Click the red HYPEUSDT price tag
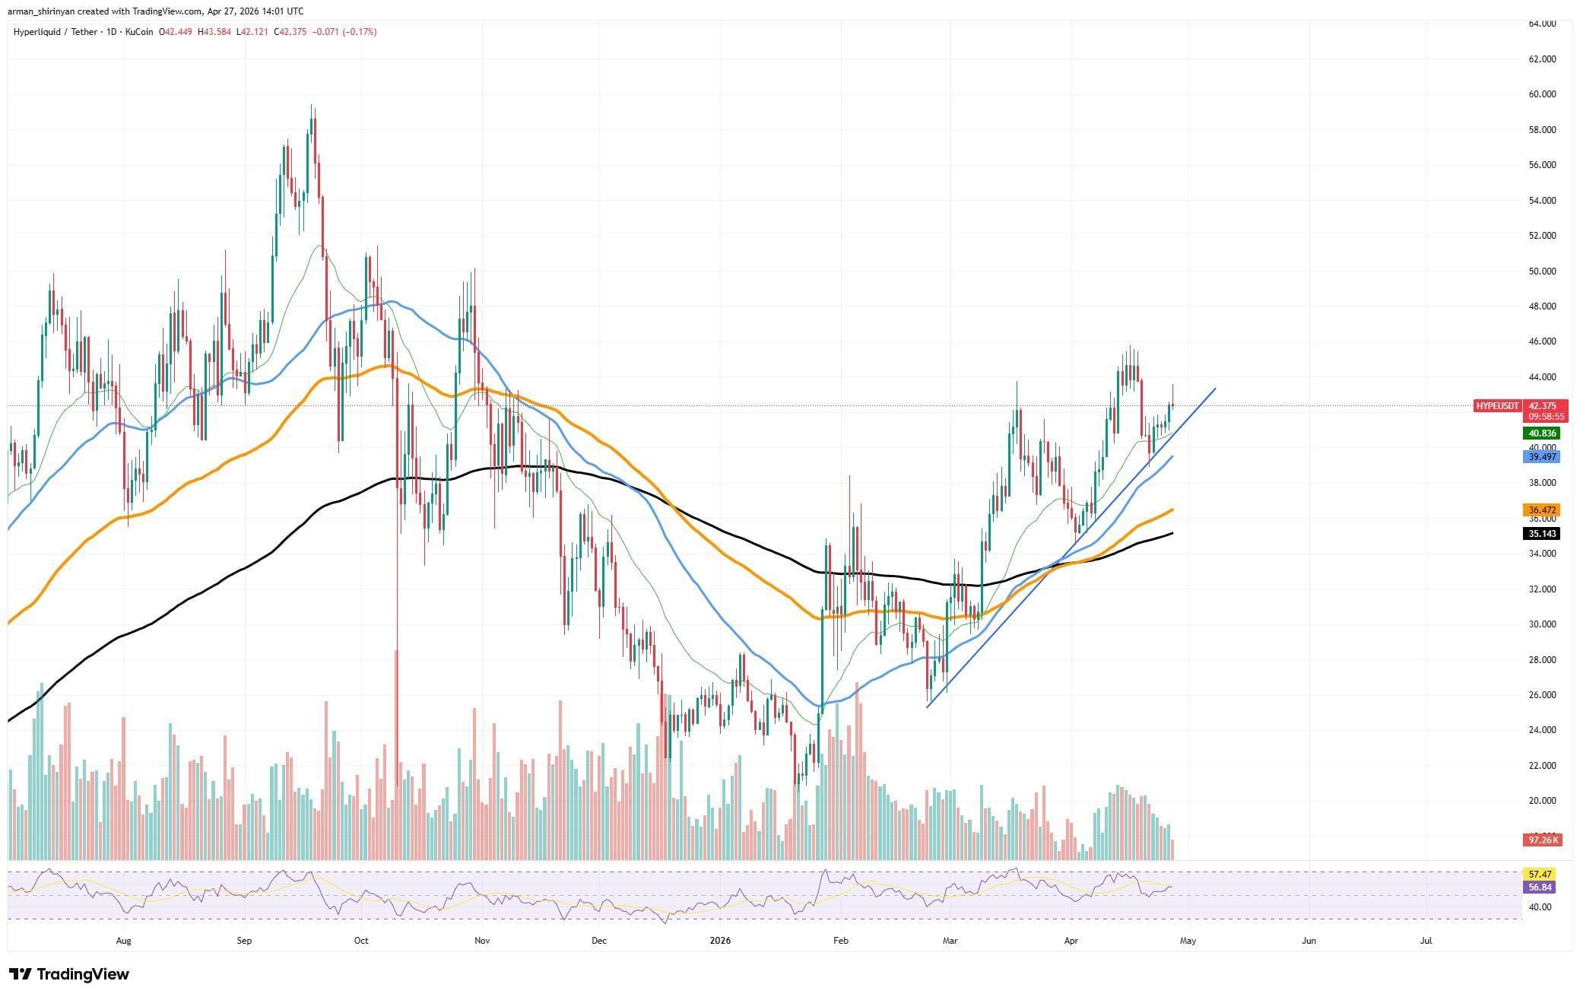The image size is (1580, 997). [1496, 406]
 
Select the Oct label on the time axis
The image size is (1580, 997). [361, 941]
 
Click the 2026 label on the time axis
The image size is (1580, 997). [719, 941]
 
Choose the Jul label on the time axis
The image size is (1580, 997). [1426, 941]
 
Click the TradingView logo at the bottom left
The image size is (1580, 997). [69, 974]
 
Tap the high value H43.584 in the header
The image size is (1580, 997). [215, 32]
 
